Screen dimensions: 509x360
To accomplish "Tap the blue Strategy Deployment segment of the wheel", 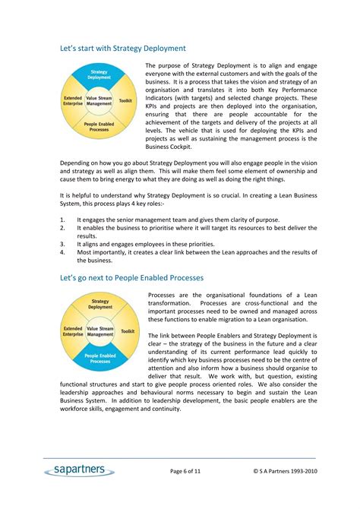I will coord(99,74).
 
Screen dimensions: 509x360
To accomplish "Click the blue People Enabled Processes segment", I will coord(99,358).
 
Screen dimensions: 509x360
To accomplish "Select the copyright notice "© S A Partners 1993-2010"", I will coord(285,472).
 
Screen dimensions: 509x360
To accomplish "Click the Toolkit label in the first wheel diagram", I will coord(126,100).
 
